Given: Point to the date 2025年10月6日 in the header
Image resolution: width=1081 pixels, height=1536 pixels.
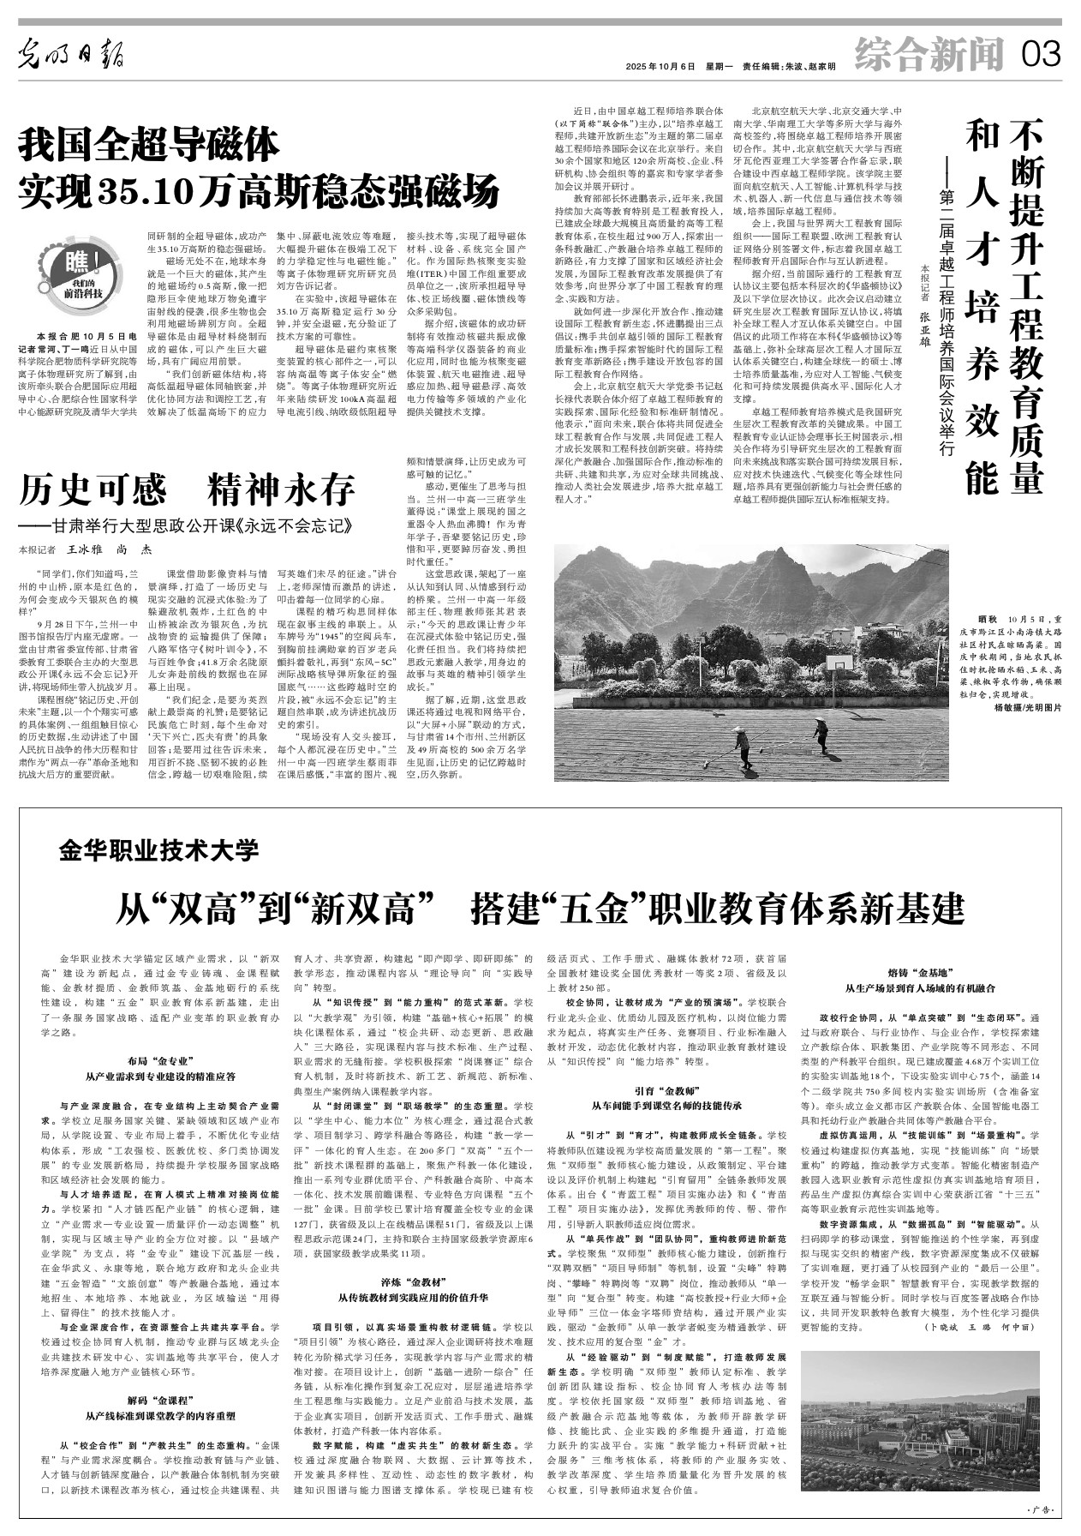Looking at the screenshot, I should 660,67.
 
